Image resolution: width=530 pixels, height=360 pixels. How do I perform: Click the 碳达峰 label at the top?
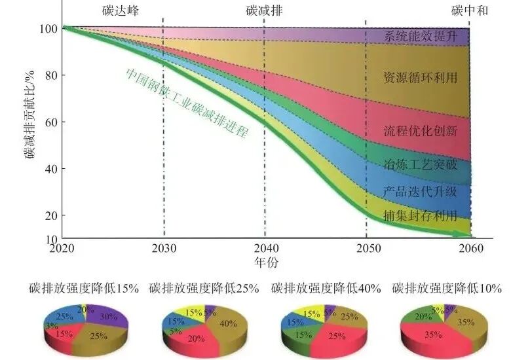[x=121, y=10]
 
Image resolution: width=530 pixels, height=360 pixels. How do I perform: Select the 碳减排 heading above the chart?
[x=264, y=10]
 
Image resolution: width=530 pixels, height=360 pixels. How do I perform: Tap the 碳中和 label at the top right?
[x=470, y=10]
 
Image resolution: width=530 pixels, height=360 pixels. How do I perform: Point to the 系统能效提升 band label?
[x=420, y=36]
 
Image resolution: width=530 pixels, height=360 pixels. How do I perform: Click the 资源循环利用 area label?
[x=420, y=77]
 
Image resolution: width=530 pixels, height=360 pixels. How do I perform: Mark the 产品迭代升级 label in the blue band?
[x=420, y=191]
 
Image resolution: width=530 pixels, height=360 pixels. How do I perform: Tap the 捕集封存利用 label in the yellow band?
[x=420, y=217]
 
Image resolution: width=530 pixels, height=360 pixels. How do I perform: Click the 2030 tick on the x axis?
[x=164, y=249]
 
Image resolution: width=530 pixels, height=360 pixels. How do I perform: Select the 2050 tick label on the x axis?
[x=366, y=249]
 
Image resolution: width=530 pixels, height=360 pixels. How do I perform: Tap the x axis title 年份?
[x=264, y=262]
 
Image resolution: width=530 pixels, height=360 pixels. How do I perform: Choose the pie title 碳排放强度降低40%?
[x=326, y=288]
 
